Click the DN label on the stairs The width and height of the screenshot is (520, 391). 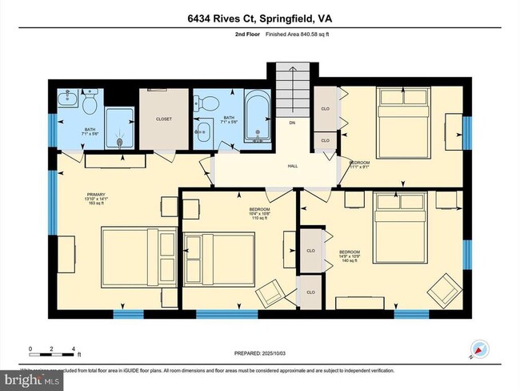(x=293, y=123)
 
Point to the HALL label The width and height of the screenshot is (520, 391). (x=293, y=167)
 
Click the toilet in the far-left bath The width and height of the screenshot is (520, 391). (x=90, y=104)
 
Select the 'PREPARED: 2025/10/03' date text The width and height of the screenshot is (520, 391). (x=259, y=353)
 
